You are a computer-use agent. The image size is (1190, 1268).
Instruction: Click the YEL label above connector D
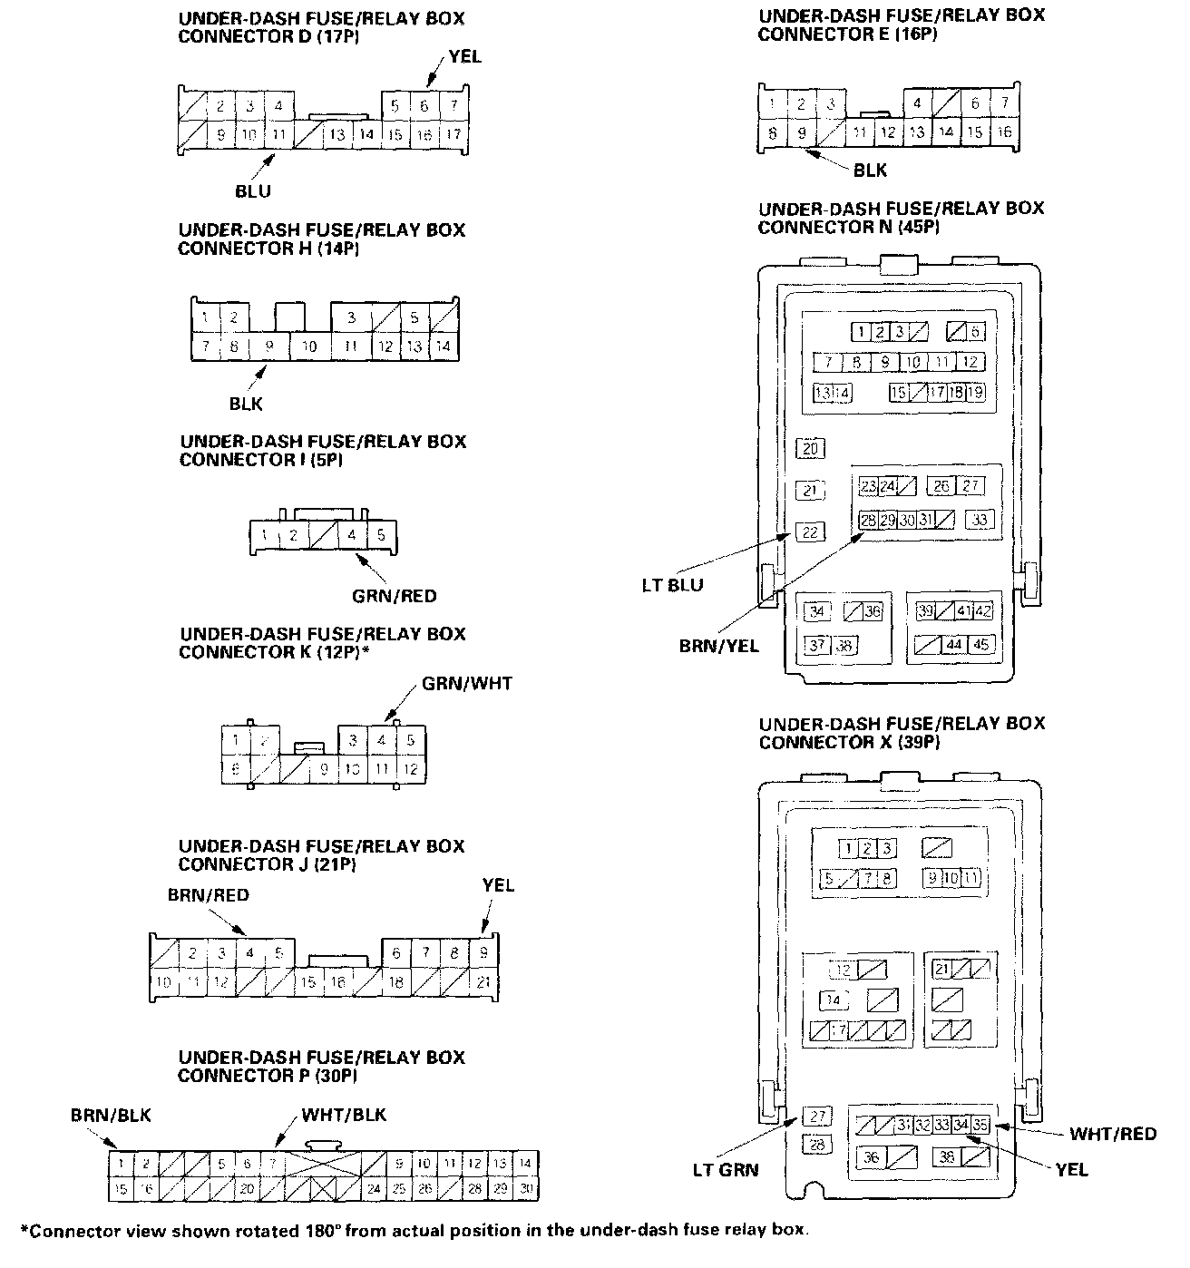(465, 57)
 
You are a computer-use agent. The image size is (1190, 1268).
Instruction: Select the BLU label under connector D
(252, 191)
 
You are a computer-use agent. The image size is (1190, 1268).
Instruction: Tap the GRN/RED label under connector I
(395, 596)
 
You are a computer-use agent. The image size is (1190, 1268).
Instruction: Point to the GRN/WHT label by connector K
(466, 683)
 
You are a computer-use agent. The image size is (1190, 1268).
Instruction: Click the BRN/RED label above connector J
(208, 895)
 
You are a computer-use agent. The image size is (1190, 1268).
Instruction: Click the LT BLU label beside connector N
(672, 585)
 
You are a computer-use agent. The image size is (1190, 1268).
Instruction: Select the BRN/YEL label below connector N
(719, 646)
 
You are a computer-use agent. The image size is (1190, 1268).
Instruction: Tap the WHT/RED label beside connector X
(1113, 1134)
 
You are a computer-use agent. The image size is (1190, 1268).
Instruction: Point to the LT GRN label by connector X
(725, 1169)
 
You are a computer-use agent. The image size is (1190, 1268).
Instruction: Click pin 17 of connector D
(453, 135)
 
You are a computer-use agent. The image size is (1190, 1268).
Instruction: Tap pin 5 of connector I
(381, 535)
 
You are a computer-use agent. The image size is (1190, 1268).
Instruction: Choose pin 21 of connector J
(483, 982)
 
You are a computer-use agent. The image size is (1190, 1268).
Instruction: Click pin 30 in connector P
(525, 1189)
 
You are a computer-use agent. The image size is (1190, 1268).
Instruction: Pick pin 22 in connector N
(810, 532)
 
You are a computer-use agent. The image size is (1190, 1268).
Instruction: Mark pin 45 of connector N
(980, 645)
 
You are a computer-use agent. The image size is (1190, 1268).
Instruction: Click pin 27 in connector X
(816, 1117)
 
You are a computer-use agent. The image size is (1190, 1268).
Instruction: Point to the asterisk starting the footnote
(24, 1231)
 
